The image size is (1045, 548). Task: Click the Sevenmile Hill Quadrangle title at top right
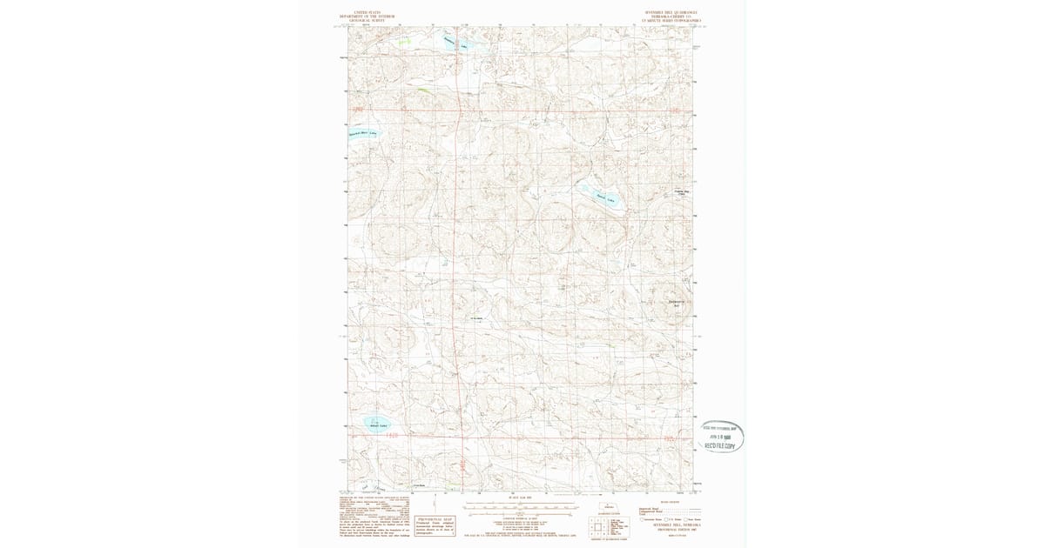tap(671, 15)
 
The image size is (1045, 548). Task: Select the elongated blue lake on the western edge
tap(361, 133)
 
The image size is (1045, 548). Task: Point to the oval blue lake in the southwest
tap(377, 424)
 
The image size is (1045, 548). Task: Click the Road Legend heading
tap(670, 502)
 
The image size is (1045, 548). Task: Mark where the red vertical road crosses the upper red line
tap(458, 110)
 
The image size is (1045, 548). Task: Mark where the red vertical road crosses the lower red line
tap(458, 437)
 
